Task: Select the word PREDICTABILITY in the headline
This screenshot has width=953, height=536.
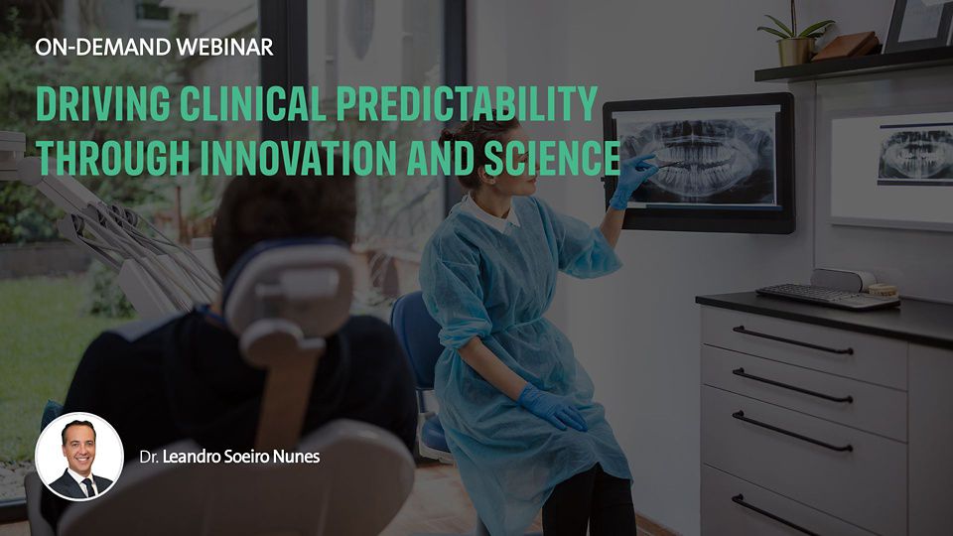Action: click(x=467, y=104)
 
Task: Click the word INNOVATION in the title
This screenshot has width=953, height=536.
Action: click(x=299, y=158)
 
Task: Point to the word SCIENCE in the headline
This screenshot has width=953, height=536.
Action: click(x=552, y=158)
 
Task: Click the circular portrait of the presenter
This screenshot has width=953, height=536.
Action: click(x=79, y=457)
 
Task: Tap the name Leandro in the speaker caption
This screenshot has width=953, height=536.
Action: click(x=191, y=457)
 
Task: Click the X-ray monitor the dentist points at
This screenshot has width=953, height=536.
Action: click(x=699, y=162)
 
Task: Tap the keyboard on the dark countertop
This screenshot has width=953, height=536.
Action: click(x=828, y=296)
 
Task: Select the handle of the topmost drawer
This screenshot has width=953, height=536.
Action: click(x=792, y=340)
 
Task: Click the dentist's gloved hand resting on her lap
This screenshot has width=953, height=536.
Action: click(x=552, y=407)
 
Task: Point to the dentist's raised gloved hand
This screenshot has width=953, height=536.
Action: click(x=632, y=180)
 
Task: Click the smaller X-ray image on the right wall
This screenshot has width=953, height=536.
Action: click(x=915, y=156)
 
